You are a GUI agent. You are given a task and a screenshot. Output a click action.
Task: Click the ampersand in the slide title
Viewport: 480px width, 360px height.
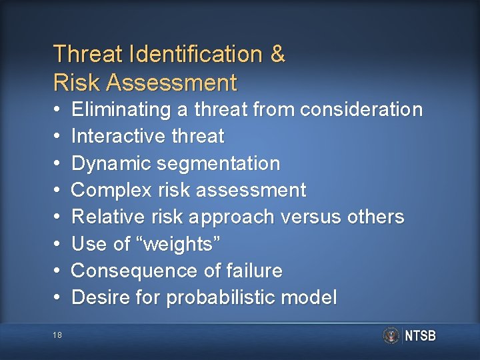(277, 54)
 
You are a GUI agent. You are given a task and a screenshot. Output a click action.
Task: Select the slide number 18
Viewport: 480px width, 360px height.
(57, 335)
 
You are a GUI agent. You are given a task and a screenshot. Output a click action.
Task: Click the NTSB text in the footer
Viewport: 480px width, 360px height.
(420, 336)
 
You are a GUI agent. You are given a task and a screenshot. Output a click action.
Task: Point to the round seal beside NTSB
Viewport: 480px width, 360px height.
(391, 335)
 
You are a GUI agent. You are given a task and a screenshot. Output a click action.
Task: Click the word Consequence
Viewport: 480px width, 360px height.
(127, 271)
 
